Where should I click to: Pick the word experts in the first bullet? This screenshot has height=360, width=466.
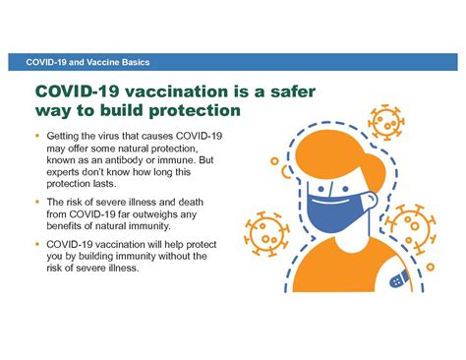[x=68, y=172]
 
